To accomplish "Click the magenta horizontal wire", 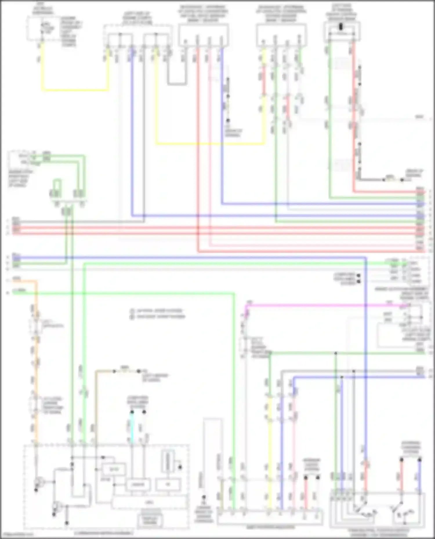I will [319, 305].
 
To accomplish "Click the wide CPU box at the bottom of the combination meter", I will [149, 503].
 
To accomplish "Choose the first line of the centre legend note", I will [157, 311].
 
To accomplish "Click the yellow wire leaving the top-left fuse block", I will [75, 90].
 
